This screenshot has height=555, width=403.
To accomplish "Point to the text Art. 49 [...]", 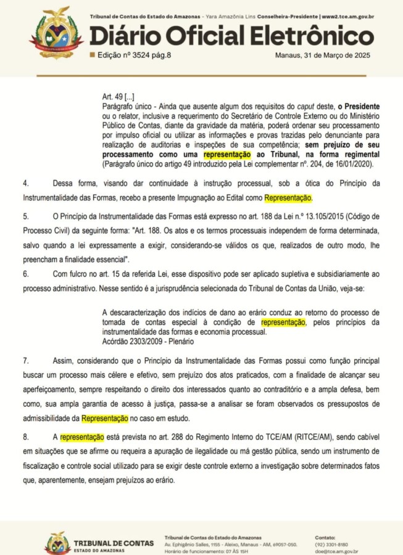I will click(118, 97).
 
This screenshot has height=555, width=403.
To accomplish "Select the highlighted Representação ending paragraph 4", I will click(288, 198).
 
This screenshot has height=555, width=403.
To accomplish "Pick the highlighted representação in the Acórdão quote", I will click(283, 322).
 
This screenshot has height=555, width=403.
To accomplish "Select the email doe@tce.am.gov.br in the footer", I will click(337, 552).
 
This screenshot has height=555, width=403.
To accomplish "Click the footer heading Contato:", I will click(325, 538).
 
